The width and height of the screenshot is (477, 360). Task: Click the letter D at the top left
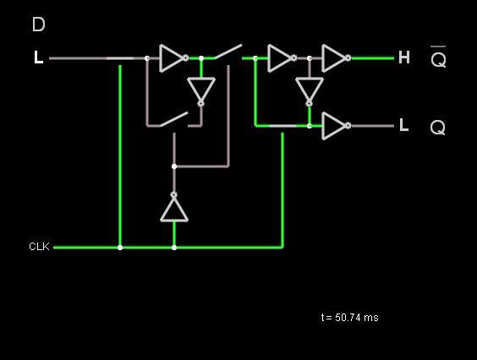point(39,25)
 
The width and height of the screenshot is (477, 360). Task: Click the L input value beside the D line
point(38,57)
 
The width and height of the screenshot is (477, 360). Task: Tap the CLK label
point(39,246)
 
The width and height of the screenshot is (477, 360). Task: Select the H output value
point(404,57)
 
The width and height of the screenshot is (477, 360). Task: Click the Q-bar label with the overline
point(438,57)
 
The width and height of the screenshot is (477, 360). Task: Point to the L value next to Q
point(403,125)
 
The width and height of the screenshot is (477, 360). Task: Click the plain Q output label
point(438,127)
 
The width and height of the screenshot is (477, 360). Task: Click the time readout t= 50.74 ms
point(350,318)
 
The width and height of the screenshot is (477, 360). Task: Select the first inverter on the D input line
point(172,58)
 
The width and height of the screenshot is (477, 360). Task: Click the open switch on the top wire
point(228,52)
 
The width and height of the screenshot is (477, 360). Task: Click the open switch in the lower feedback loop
point(174,119)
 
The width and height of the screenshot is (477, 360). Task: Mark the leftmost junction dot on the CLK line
point(120,248)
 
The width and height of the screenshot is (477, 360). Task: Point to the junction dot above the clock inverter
point(174,166)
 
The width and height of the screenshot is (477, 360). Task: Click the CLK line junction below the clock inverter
point(174,248)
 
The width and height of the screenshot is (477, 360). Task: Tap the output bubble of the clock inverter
point(174,195)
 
